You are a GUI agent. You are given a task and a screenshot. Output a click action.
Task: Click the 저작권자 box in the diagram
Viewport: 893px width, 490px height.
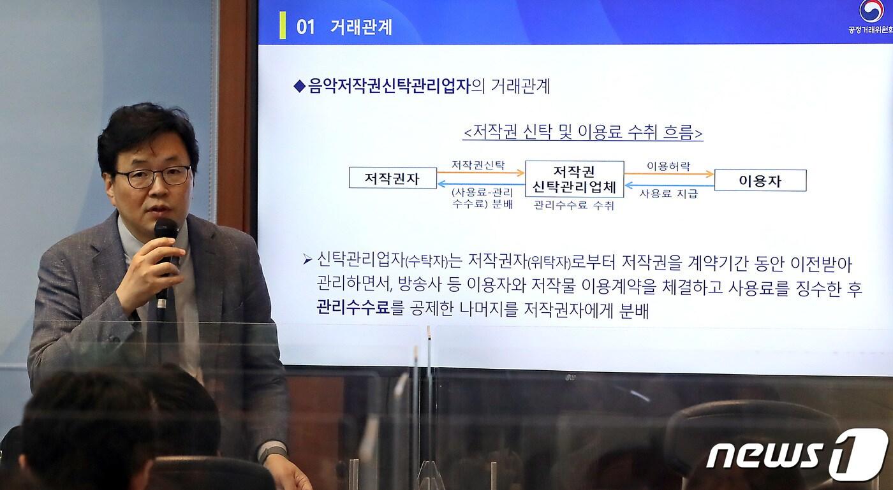pos(392,178)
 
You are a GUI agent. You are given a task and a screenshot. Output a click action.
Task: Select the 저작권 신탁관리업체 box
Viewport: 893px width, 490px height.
pos(574,179)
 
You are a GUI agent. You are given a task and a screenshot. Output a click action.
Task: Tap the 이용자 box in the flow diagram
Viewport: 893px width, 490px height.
pos(760,180)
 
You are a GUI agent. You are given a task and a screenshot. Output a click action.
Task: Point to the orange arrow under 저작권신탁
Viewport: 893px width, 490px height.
pos(480,172)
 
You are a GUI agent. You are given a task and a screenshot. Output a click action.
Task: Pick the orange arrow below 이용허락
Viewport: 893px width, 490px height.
pos(668,173)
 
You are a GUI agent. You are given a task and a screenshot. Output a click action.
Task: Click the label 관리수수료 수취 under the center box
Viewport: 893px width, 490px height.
pos(573,205)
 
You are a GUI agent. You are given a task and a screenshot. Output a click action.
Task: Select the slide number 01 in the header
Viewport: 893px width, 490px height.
pos(306,27)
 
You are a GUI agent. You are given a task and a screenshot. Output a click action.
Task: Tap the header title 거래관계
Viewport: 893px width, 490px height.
pos(361,27)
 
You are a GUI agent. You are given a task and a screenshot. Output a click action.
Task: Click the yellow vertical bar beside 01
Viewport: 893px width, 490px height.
pos(283,26)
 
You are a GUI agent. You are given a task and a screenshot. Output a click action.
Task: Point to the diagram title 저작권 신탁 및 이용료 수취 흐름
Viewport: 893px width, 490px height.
pos(582,133)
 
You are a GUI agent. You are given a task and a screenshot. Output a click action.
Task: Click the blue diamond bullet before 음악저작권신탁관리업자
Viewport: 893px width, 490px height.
pos(299,87)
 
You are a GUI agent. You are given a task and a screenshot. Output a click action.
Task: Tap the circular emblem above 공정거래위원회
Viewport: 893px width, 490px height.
pos(871,11)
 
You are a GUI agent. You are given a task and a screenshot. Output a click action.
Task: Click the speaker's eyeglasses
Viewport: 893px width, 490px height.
pos(153,177)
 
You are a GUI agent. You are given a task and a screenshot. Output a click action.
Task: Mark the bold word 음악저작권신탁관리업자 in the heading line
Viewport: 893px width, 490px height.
pos(388,87)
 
